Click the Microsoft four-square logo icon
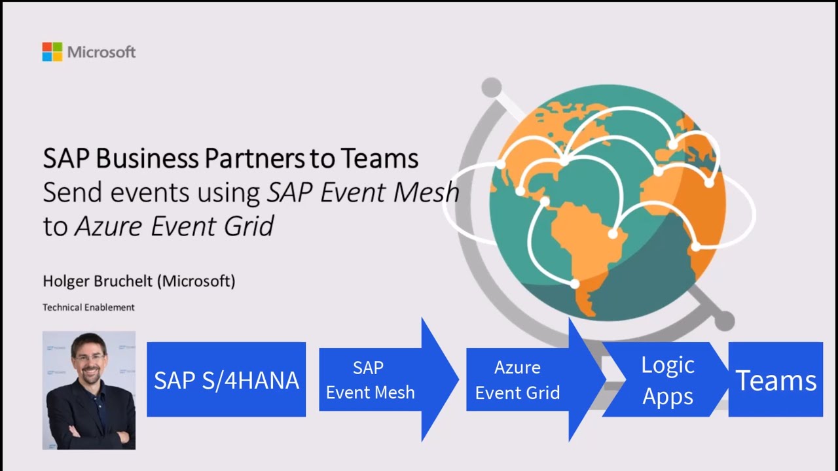tap(52, 52)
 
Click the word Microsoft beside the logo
tap(101, 52)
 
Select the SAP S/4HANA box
tap(226, 379)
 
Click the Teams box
tap(776, 380)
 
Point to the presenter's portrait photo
tap(89, 390)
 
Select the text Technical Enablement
tap(88, 307)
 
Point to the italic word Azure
tap(109, 226)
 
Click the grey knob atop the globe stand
tap(491, 87)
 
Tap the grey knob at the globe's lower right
tap(724, 321)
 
